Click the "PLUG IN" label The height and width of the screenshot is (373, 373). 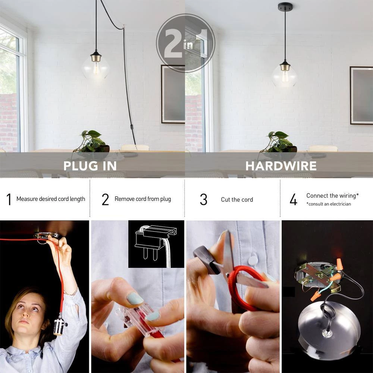(x=90, y=166)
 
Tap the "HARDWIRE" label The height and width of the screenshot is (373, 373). (x=281, y=166)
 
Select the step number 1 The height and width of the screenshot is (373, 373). (x=9, y=200)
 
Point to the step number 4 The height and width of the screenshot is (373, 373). (x=294, y=200)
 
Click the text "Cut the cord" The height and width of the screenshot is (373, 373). (x=237, y=200)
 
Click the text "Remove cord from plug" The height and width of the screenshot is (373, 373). (x=142, y=199)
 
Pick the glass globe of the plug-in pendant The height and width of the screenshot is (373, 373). (x=96, y=68)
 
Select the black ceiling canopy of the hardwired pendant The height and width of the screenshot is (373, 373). (x=285, y=6)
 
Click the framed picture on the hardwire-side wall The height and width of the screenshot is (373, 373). (x=361, y=95)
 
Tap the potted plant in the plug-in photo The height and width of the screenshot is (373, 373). (x=92, y=142)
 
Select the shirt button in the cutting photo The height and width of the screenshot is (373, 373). (x=254, y=260)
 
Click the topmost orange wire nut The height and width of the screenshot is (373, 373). (x=340, y=264)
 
